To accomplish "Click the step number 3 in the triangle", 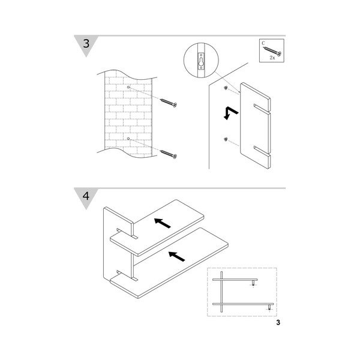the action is pyautogui.click(x=86, y=43).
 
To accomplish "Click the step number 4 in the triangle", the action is pyautogui.click(x=86, y=196).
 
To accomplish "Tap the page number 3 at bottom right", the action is pyautogui.click(x=278, y=323).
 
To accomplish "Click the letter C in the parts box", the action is pyautogui.click(x=263, y=43).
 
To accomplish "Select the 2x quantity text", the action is pyautogui.click(x=272, y=58).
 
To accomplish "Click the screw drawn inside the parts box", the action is pyautogui.click(x=272, y=52).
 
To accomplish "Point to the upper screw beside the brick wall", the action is pyautogui.click(x=169, y=103).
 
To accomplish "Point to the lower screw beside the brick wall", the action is pyautogui.click(x=169, y=154).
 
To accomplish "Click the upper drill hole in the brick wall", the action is pyautogui.click(x=128, y=87).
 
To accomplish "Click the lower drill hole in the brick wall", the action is pyautogui.click(x=128, y=139).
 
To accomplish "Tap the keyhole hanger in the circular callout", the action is pyautogui.click(x=201, y=61).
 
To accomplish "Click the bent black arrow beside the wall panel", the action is pyautogui.click(x=230, y=113).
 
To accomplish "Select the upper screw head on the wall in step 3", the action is pyautogui.click(x=226, y=88).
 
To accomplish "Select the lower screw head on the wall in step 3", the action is pyautogui.click(x=226, y=139).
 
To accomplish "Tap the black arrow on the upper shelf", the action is pyautogui.click(x=163, y=223).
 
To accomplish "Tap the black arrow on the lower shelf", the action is pyautogui.click(x=177, y=256).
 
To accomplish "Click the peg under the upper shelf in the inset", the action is pyautogui.click(x=253, y=283).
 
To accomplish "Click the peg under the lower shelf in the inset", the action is pyautogui.click(x=269, y=307).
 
